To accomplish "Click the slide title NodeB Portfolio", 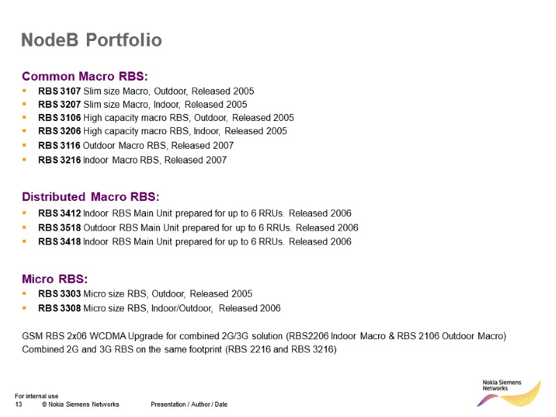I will click(91, 40).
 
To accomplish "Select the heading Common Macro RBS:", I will click(85, 76).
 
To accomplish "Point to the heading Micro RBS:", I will click(55, 279).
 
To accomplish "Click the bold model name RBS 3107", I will click(59, 91).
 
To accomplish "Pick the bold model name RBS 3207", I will click(59, 104).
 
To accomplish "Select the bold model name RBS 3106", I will click(59, 117).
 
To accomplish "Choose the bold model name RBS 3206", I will click(59, 131).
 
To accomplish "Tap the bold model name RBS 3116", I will click(59, 146).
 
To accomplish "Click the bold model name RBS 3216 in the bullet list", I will click(59, 160).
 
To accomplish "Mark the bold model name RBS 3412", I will click(59, 213).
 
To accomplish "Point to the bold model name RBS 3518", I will click(59, 227).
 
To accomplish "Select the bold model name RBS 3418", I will click(59, 242).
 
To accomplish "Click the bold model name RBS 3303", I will click(59, 293).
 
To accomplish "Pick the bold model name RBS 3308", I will click(59, 308).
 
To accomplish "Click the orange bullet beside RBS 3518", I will click(24, 227).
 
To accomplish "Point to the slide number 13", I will click(19, 404).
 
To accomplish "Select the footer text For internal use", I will click(36, 396).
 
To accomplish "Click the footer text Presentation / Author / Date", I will click(188, 404).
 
